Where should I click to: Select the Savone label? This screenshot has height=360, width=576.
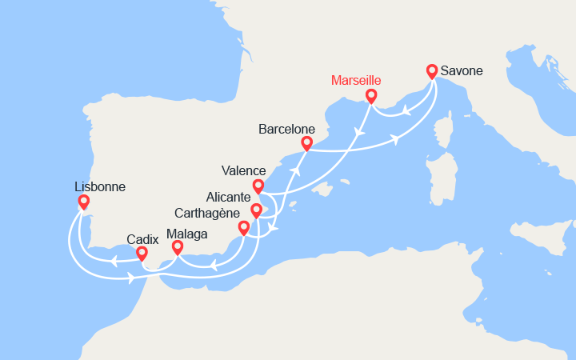(460, 71)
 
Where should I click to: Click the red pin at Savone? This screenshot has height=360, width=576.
(433, 71)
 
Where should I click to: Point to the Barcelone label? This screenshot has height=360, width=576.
(286, 129)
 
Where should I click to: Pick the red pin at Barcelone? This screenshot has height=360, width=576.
(306, 143)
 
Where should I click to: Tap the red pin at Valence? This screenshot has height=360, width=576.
(258, 186)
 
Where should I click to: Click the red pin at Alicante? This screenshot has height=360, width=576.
(256, 211)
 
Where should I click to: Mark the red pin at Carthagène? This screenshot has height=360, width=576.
(244, 228)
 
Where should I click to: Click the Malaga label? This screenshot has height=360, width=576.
(187, 234)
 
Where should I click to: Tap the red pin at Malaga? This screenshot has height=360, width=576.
(178, 247)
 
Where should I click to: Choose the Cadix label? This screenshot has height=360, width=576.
(142, 238)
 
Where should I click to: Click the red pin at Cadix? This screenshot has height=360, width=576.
(142, 254)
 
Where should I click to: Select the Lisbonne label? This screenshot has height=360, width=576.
(99, 186)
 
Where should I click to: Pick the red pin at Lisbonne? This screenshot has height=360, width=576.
(83, 202)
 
